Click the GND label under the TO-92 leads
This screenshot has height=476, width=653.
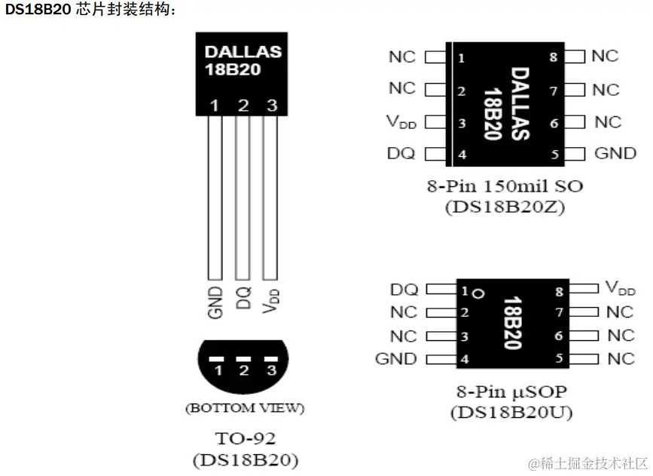coord(215,302)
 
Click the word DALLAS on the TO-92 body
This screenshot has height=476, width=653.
coord(243,52)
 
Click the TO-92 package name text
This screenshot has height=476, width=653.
coord(245,438)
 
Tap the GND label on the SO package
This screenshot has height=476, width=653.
coord(615,153)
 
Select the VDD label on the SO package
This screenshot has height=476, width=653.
coord(401,121)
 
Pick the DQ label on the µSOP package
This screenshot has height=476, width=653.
coord(405,289)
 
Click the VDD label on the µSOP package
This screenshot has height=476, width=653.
coord(620,288)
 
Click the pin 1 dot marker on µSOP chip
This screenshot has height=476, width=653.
coord(478,291)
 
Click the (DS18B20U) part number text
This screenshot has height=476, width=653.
coord(511,413)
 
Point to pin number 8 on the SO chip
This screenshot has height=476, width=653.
coord(553,57)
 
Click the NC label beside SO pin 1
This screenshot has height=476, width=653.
coord(402,57)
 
